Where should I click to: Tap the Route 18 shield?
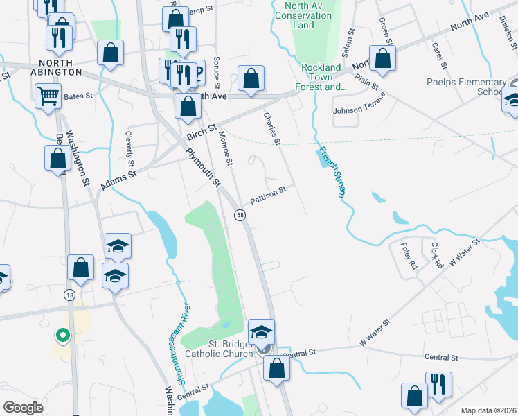69,295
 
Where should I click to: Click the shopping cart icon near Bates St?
48,96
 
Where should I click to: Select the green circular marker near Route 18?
62,336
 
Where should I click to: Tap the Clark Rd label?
436,254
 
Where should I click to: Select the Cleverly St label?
129,149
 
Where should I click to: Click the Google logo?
24,408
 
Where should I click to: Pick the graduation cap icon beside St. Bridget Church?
262,331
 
